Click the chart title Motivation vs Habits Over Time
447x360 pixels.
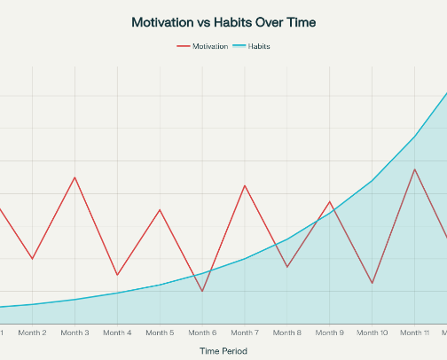223,21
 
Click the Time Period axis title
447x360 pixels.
223,351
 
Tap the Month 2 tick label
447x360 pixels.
32,333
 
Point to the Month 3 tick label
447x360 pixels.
74,333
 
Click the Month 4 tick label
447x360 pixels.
117,333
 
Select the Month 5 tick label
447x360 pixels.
160,333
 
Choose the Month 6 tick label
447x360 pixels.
202,333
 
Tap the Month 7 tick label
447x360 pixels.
245,333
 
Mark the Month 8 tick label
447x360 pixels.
287,333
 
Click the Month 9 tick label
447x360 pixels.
330,333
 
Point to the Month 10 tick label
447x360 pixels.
372,333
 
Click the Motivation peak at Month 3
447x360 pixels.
75,177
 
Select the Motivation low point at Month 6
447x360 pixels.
202,291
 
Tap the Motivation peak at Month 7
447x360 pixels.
245,185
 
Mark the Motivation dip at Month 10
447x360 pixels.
372,283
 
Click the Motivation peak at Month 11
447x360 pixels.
414,168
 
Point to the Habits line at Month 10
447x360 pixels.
372,180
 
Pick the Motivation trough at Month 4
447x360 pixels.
117,275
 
